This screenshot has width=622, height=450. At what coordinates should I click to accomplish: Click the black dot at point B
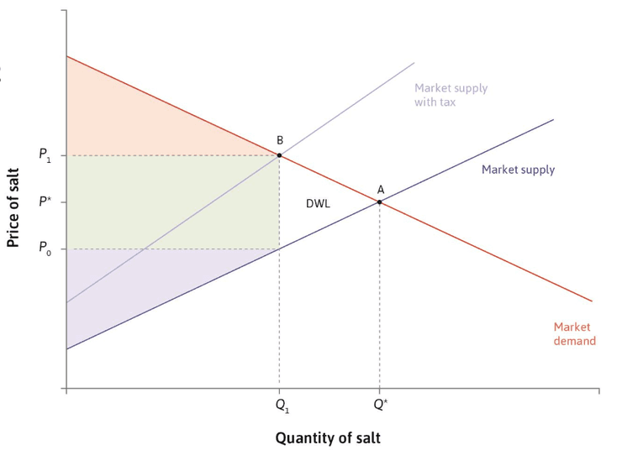pyautogui.click(x=279, y=155)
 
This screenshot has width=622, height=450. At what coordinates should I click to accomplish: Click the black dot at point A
pyautogui.click(x=380, y=202)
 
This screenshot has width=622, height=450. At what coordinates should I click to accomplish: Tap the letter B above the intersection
pyautogui.click(x=280, y=140)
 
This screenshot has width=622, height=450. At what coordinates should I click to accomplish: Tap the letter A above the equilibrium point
pyautogui.click(x=381, y=190)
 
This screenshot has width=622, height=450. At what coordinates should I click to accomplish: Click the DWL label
pyautogui.click(x=318, y=204)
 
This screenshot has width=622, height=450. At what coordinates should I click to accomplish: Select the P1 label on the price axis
pyautogui.click(x=45, y=154)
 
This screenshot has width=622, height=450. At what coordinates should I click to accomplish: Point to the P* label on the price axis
pyautogui.click(x=45, y=201)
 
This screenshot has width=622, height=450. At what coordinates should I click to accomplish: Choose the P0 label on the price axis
pyautogui.click(x=45, y=248)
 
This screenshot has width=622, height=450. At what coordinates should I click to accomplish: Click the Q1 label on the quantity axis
pyautogui.click(x=282, y=406)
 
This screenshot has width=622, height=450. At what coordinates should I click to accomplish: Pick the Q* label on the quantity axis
pyautogui.click(x=381, y=405)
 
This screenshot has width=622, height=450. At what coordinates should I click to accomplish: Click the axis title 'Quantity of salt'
pyautogui.click(x=328, y=438)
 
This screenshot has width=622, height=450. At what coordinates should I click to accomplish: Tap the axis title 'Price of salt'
pyautogui.click(x=13, y=208)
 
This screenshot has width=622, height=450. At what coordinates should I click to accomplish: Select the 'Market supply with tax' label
pyautogui.click(x=451, y=95)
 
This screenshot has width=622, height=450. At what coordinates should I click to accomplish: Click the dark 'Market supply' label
pyautogui.click(x=518, y=170)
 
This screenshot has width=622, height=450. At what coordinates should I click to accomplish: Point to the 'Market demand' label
pyautogui.click(x=575, y=334)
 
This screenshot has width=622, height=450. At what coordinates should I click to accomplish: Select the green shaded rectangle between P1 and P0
pyautogui.click(x=173, y=202)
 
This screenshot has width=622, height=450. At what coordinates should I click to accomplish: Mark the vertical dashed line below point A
pyautogui.click(x=380, y=296)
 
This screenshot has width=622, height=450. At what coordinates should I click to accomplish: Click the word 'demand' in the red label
pyautogui.click(x=575, y=341)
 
